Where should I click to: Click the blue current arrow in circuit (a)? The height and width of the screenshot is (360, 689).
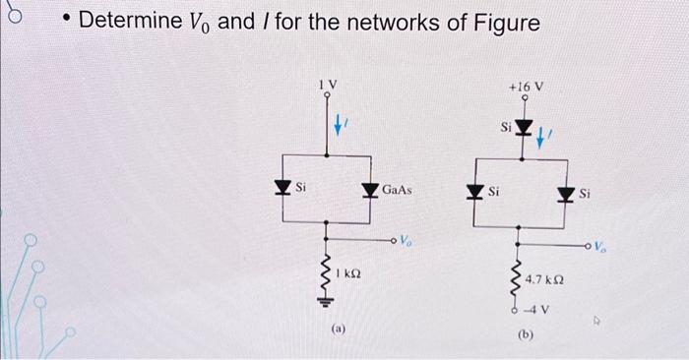[340, 125]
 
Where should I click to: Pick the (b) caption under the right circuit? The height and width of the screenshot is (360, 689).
[525, 336]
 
